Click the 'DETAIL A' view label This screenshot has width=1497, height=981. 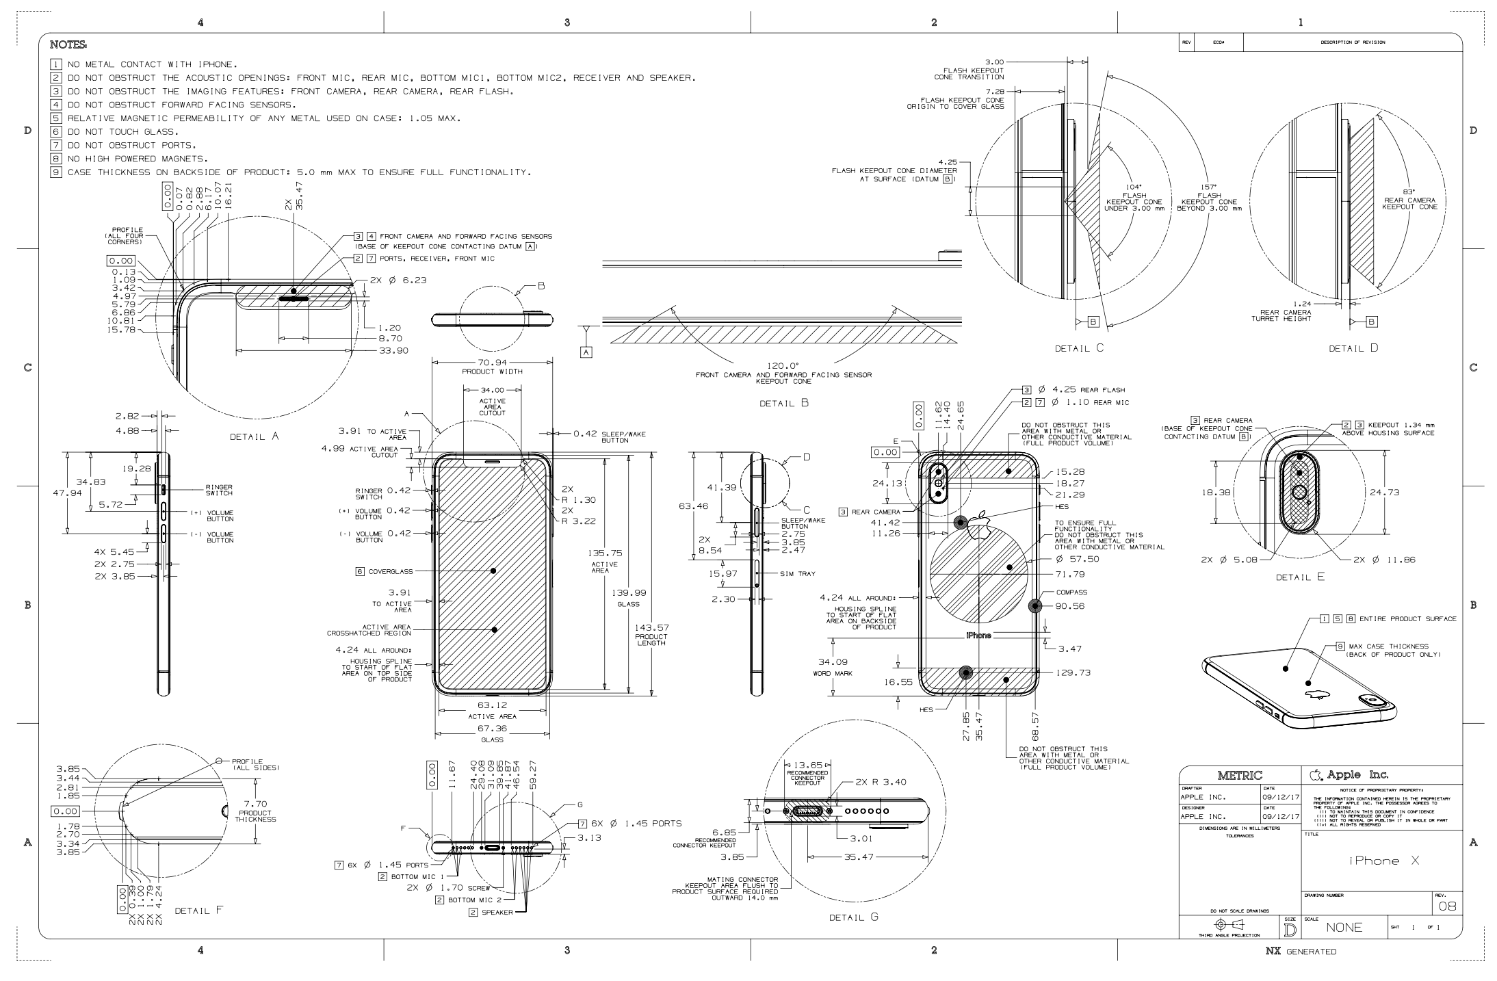255,436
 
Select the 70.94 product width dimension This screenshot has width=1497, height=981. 492,363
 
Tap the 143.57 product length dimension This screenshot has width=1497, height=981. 652,627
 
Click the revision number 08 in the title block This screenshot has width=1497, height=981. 1446,906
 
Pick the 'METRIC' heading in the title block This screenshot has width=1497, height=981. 1240,775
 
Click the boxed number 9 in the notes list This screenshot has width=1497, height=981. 57,172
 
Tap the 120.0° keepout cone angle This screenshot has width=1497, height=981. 783,366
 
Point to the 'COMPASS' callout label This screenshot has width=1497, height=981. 1071,592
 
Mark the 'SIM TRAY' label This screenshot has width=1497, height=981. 798,573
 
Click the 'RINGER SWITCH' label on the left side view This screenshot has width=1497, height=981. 219,490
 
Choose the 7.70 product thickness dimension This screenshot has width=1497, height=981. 255,804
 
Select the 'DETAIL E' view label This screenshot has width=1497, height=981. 1300,577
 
